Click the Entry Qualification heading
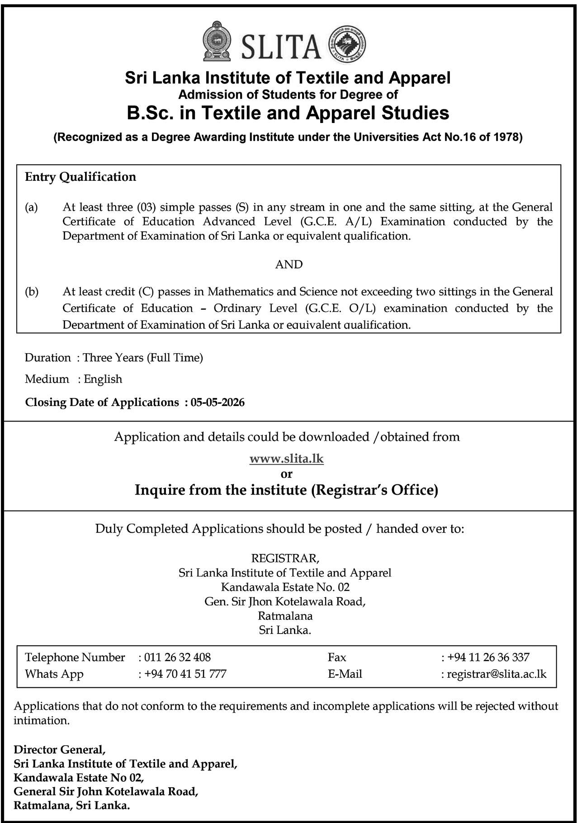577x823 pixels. coord(80,176)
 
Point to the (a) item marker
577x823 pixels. coord(31,208)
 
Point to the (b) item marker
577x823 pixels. coord(32,292)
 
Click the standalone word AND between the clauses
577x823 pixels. coord(288,265)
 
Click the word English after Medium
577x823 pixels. coord(103,379)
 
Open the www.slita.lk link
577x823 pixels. coord(287,459)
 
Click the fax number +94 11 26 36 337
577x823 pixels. coord(488,657)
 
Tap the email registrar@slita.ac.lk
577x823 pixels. coord(497,674)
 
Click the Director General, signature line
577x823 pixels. coord(59,750)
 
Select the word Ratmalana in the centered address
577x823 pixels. coord(285,616)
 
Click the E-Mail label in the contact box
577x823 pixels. coord(345,674)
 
